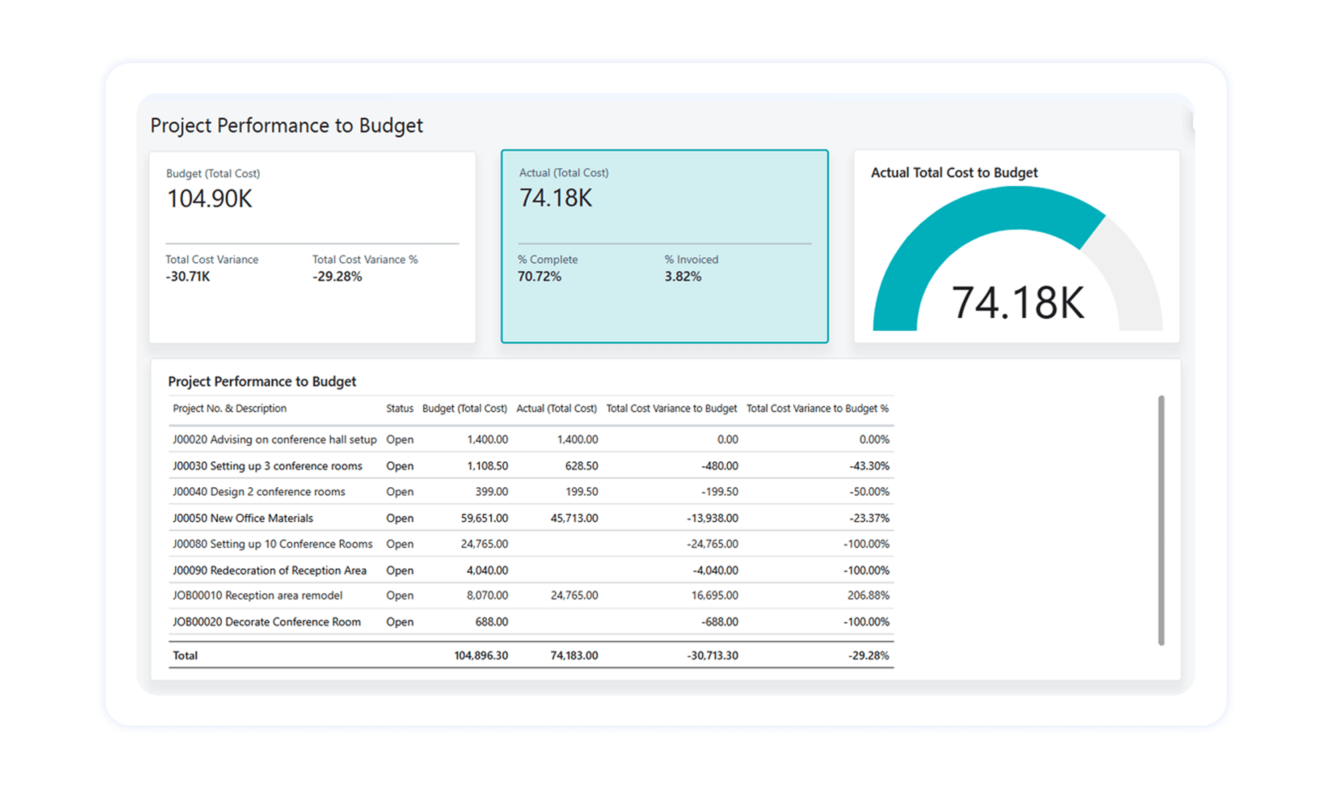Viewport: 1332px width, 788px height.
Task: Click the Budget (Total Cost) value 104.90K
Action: click(x=209, y=199)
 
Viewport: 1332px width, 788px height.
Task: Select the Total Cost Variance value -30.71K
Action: click(x=188, y=277)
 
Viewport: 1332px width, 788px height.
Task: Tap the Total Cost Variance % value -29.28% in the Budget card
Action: click(x=337, y=277)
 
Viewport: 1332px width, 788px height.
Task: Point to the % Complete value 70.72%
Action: click(x=539, y=277)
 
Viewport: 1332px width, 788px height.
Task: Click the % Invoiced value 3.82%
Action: click(x=683, y=277)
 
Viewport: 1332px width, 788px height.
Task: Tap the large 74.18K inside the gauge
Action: click(x=1018, y=303)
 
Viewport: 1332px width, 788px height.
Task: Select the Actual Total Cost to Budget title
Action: click(x=954, y=173)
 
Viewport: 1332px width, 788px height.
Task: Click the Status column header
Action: click(x=400, y=409)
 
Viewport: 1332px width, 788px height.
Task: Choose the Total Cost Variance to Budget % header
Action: click(x=817, y=409)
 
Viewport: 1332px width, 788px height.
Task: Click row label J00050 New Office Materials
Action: click(x=242, y=518)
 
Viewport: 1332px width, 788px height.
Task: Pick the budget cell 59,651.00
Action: click(x=484, y=518)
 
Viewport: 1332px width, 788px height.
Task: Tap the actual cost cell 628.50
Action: click(x=581, y=466)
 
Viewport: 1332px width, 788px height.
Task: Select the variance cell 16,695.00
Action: click(x=714, y=596)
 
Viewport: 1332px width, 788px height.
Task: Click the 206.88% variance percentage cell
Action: click(x=868, y=596)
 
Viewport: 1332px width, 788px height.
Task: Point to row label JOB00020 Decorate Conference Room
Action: click(x=266, y=622)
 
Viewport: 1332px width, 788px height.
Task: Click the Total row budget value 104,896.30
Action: click(x=481, y=656)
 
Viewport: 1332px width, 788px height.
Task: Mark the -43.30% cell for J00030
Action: click(x=869, y=466)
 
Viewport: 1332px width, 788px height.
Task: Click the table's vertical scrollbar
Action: click(x=1161, y=519)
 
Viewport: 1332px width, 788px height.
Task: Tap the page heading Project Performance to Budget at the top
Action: click(x=286, y=126)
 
